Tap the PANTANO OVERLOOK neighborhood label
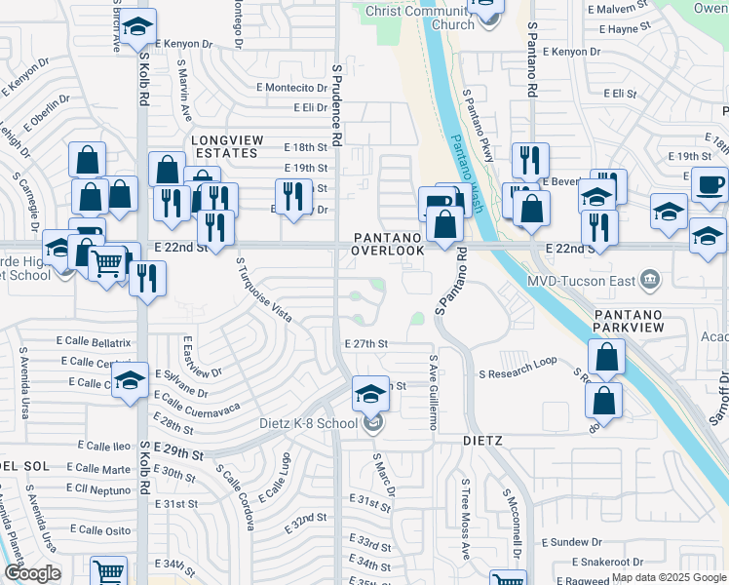point(389,244)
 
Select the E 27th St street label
point(366,344)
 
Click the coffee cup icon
point(709,182)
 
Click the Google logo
point(32,573)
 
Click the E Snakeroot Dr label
point(608,562)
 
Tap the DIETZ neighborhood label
point(482,441)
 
